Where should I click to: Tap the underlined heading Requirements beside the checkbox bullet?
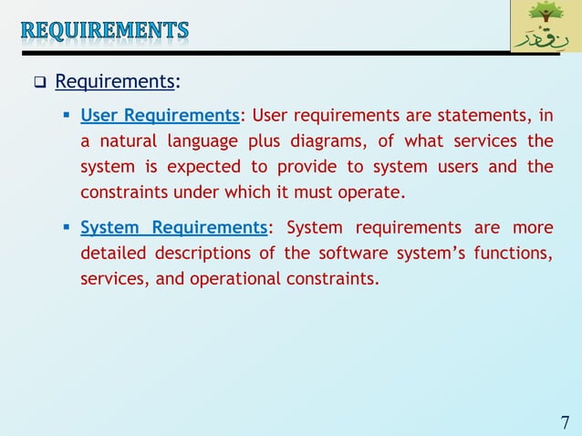tap(115, 82)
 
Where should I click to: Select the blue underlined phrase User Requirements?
tap(160, 116)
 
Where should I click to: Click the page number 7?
tap(565, 422)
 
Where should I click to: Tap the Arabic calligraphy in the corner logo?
tap(546, 38)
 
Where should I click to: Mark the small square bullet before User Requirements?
tap(68, 116)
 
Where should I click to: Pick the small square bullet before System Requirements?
tap(68, 227)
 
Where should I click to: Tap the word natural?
tap(126, 141)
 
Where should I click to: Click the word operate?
tap(373, 193)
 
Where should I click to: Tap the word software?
tap(343, 253)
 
